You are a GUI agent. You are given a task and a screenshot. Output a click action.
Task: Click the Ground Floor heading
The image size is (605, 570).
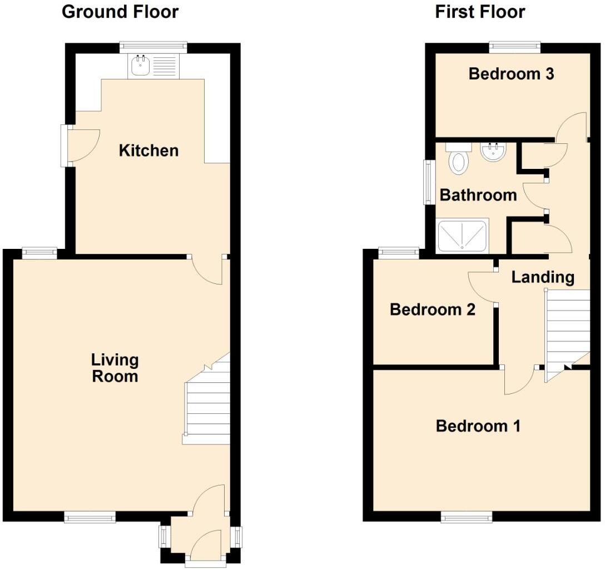pyautogui.click(x=120, y=12)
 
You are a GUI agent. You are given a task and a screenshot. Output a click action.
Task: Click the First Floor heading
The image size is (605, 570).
pyautogui.click(x=480, y=12)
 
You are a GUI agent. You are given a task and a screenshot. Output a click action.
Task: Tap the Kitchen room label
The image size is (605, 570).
pyautogui.click(x=148, y=151)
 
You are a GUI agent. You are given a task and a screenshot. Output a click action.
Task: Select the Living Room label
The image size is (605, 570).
pyautogui.click(x=115, y=368)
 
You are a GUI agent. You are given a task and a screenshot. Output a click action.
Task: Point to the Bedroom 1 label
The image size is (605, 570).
pyautogui.click(x=478, y=426)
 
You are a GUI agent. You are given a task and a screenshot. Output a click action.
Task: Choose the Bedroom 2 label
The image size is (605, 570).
pyautogui.click(x=433, y=309)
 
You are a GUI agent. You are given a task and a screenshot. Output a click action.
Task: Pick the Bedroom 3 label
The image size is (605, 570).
pyautogui.click(x=511, y=74)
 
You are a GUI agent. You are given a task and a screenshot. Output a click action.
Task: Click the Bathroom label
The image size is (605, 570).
pyautogui.click(x=478, y=195)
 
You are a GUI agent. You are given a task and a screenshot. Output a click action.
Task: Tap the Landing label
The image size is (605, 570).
pyautogui.click(x=543, y=277)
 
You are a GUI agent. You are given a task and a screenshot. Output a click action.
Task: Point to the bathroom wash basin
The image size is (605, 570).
pyautogui.click(x=493, y=152)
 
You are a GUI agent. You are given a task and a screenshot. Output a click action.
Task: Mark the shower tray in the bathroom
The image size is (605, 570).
pyautogui.click(x=463, y=236)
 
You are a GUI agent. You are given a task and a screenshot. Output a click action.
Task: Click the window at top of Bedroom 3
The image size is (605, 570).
pyautogui.click(x=514, y=48)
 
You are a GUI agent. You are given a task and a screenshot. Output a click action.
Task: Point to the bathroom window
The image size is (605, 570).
pyautogui.click(x=428, y=182)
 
